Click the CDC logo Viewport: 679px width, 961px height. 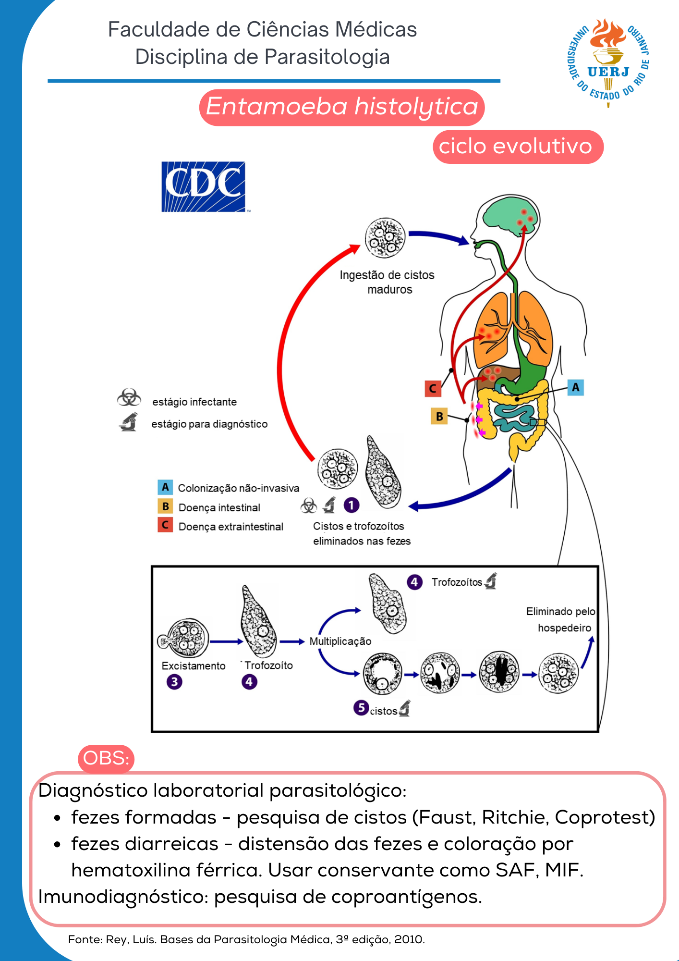tap(203, 187)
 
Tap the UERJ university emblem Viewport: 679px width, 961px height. tap(608, 62)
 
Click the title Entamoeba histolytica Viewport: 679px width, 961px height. tap(342, 107)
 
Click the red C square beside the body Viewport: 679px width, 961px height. tap(433, 388)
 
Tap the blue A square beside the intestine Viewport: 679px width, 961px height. tap(575, 387)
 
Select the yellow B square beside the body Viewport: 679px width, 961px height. tap(439, 416)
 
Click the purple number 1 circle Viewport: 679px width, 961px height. tap(352, 505)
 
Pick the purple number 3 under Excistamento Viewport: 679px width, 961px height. tap(174, 682)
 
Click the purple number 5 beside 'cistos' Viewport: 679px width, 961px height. tap(361, 708)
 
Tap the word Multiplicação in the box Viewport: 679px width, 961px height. tap(340, 641)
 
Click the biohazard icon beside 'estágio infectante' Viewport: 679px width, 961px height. tap(129, 398)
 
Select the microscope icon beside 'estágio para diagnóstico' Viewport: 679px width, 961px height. tap(129, 422)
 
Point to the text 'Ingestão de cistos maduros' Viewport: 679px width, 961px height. tap(387, 282)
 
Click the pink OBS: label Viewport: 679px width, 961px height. tap(106, 758)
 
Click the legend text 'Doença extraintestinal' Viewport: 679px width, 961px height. tap(230, 527)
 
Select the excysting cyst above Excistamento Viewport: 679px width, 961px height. tap(184, 639)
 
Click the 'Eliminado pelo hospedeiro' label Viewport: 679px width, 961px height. tap(561, 619)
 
